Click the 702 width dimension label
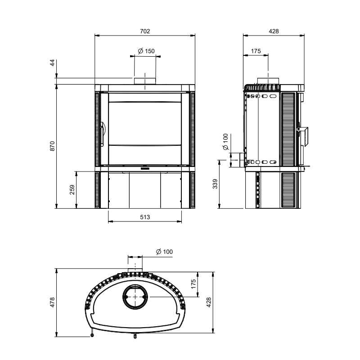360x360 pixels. (x=145, y=31)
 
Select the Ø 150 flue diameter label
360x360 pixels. (x=146, y=51)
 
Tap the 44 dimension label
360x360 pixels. (x=53, y=63)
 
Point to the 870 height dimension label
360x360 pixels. (x=53, y=146)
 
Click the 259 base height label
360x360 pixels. (x=72, y=189)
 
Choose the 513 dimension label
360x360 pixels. (x=145, y=217)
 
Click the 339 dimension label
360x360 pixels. (x=215, y=184)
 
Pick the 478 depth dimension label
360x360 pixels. (x=53, y=302)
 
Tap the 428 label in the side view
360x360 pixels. (x=274, y=31)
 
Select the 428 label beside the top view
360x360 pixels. (x=209, y=302)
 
